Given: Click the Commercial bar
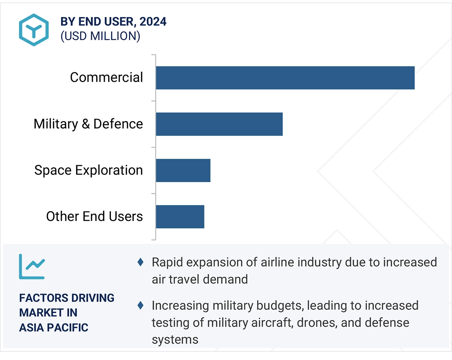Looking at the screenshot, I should (x=285, y=78).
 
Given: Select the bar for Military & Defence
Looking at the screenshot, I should (x=219, y=124).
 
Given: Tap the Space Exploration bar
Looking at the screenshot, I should (x=183, y=170).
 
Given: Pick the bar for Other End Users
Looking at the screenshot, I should (x=180, y=217).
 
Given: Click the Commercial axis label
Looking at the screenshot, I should (x=106, y=77).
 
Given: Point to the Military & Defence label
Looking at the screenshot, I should (x=88, y=124).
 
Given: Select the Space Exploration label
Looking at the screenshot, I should (x=88, y=170).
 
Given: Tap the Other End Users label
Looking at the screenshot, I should (x=94, y=216).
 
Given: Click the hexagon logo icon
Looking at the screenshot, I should (x=34, y=30).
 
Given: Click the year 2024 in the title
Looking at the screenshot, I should (x=153, y=22).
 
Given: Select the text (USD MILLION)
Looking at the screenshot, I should (x=100, y=36).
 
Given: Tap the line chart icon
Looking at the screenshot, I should (x=32, y=266).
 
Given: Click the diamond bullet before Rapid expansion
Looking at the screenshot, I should (x=141, y=262).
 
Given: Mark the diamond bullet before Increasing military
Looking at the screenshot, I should (x=141, y=305).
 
